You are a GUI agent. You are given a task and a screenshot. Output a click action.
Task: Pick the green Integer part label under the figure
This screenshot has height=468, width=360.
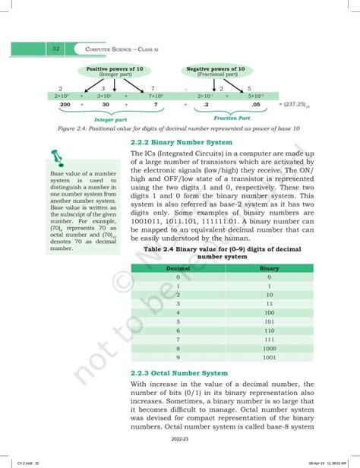(x=109, y=120)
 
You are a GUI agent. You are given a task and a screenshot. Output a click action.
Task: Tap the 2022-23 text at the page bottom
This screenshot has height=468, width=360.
(x=180, y=449)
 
